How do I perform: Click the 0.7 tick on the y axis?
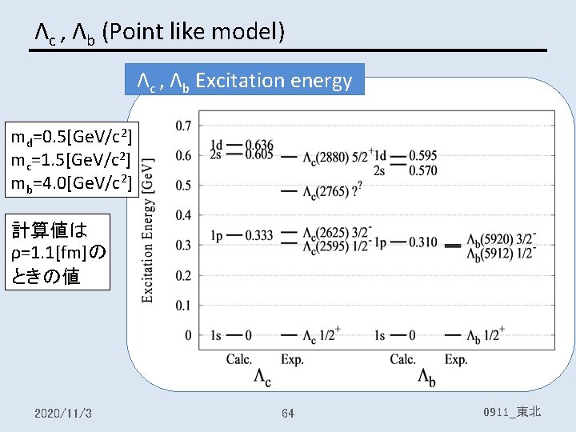(x=182, y=126)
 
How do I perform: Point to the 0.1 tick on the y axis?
(x=182, y=305)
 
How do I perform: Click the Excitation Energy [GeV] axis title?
(x=149, y=230)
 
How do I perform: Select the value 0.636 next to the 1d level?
(x=260, y=145)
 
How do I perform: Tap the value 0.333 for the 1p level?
(x=260, y=235)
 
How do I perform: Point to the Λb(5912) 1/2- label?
(x=501, y=254)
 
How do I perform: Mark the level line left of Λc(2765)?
(x=288, y=192)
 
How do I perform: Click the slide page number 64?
(x=288, y=413)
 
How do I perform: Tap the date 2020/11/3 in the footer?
(x=63, y=413)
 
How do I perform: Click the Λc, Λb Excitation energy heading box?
(x=245, y=80)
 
